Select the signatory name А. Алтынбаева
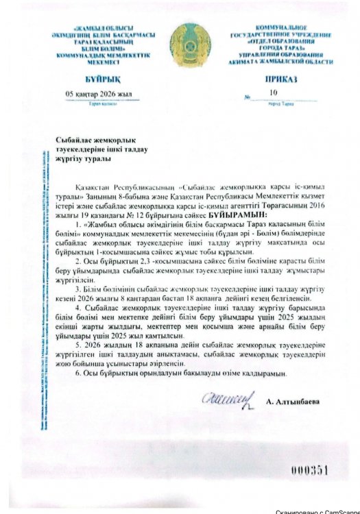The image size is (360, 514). click(296, 398)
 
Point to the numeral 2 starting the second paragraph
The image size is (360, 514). click(77, 262)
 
